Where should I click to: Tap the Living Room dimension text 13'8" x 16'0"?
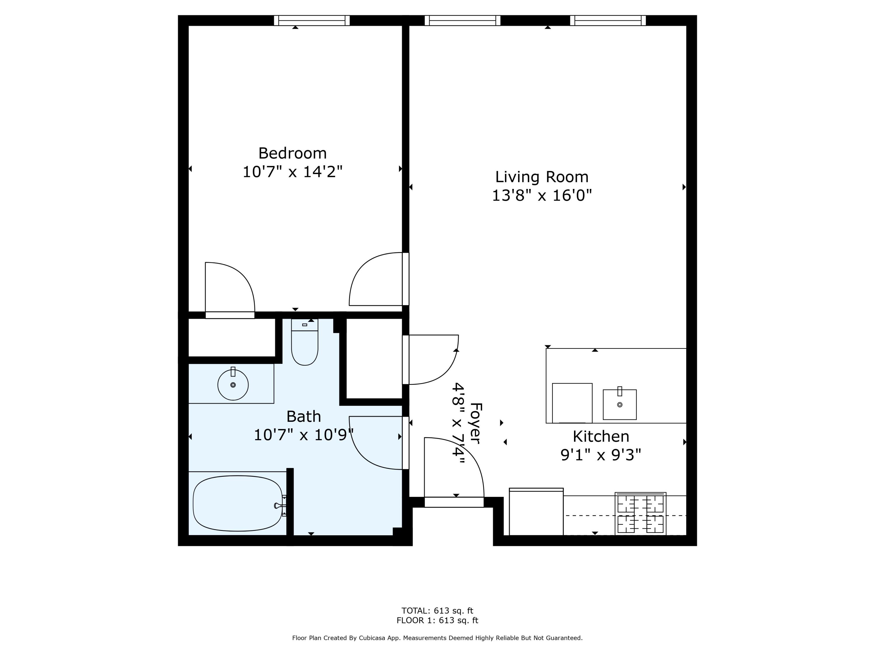tap(542, 195)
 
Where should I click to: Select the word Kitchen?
tap(601, 436)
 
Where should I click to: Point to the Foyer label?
tap(476, 423)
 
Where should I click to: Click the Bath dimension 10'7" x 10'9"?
tap(303, 435)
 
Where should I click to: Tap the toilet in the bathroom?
tap(304, 342)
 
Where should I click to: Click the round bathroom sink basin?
tap(233, 384)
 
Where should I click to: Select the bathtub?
tap(238, 503)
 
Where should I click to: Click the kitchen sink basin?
tap(619, 404)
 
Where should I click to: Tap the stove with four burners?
tap(640, 514)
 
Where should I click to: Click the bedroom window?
tap(312, 21)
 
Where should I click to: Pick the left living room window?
tap(462, 21)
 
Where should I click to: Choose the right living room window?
tap(608, 21)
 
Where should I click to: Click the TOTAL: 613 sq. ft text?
tap(437, 611)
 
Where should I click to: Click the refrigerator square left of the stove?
tap(536, 512)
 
